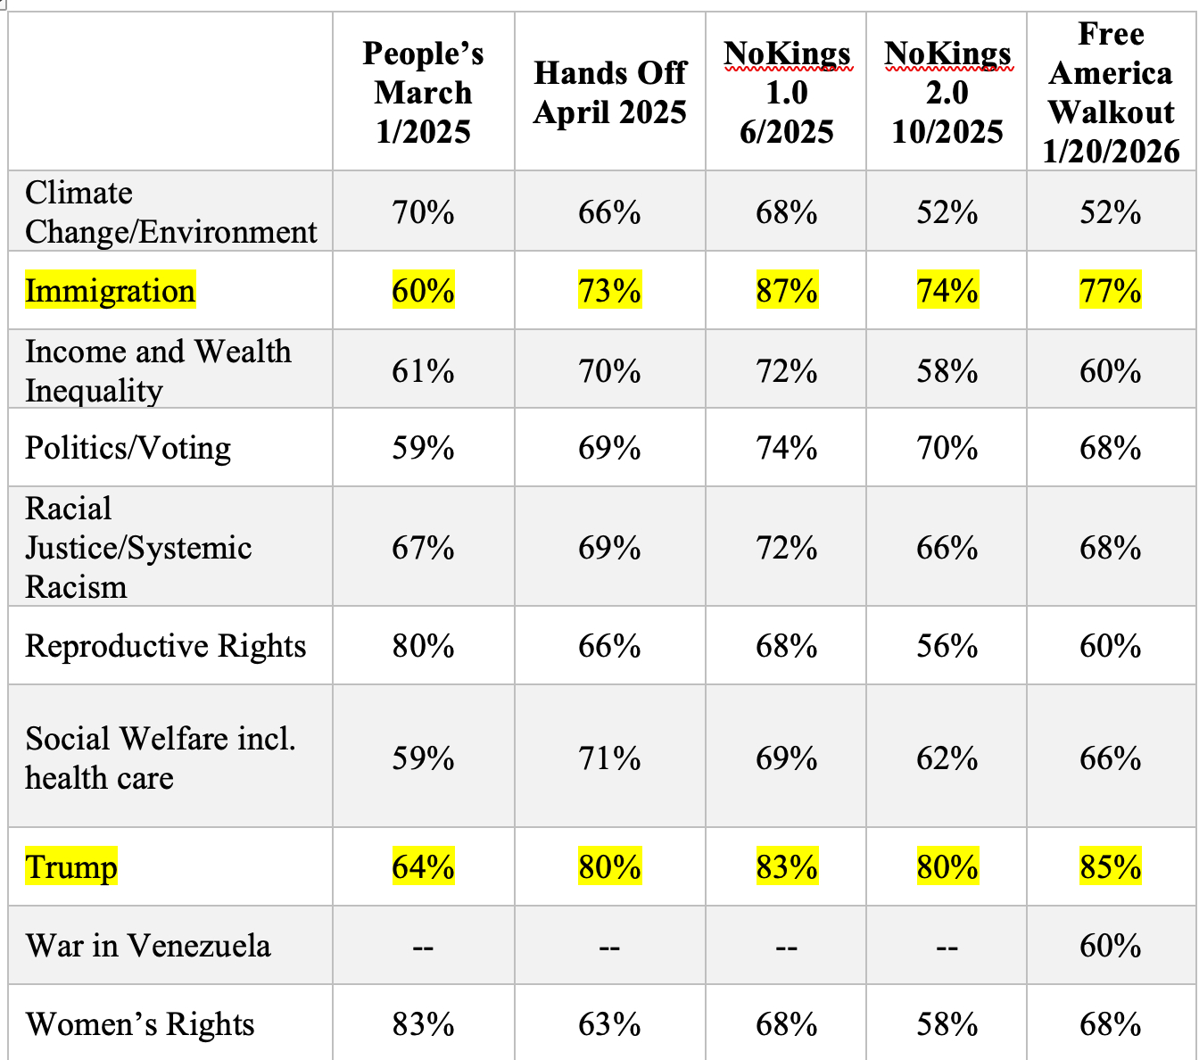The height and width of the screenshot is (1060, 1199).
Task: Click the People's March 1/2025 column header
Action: [x=423, y=92]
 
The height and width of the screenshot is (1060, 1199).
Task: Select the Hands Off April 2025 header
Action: [x=610, y=92]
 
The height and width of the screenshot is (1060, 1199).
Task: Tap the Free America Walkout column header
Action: [x=1111, y=92]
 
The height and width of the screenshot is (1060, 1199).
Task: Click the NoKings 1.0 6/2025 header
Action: [x=786, y=92]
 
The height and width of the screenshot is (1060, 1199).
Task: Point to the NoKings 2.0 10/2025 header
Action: [x=947, y=92]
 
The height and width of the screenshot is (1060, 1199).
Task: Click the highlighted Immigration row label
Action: [x=110, y=291]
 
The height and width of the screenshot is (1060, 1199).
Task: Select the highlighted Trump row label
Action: [x=71, y=866]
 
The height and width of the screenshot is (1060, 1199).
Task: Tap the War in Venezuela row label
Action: [x=148, y=945]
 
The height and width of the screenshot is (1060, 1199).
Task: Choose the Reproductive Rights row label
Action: [x=165, y=645]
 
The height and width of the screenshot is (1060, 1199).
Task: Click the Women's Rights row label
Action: [x=140, y=1023]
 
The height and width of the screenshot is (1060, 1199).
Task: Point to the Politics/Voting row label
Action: [x=128, y=447]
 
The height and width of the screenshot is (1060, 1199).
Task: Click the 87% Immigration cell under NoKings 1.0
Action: [x=786, y=291]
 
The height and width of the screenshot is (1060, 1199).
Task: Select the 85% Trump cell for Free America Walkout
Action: [x=1110, y=866]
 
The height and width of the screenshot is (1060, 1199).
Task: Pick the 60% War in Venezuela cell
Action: [x=1110, y=945]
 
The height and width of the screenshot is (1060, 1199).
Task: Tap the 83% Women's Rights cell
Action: [x=423, y=1023]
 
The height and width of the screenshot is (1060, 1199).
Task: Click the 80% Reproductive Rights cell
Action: [x=423, y=645]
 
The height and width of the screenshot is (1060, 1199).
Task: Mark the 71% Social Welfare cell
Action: [x=609, y=758]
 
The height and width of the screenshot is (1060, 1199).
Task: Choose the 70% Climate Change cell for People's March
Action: [x=423, y=212]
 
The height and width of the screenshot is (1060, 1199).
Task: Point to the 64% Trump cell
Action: [x=423, y=866]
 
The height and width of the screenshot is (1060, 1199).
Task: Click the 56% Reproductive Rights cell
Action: [x=947, y=645]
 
